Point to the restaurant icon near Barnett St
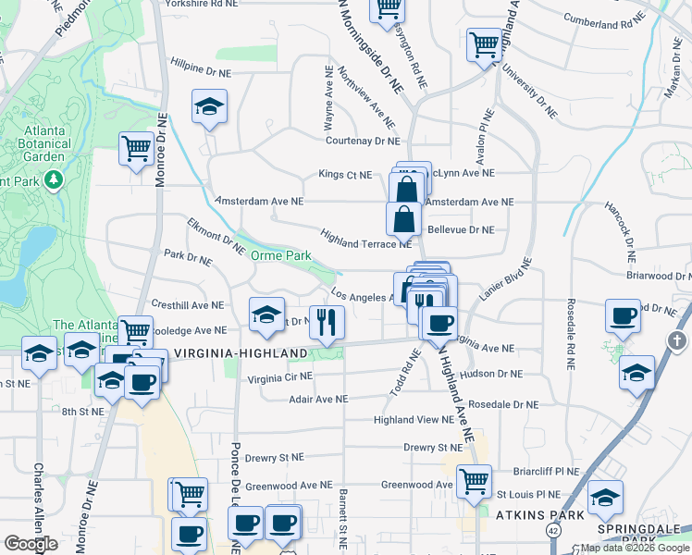point(326,322)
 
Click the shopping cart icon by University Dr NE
point(485,43)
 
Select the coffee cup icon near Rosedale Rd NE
point(623,315)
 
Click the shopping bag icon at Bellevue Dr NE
point(403,220)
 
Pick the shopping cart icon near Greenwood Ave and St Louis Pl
point(474,480)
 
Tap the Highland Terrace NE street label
point(365,239)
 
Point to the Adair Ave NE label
point(317,399)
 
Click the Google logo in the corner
point(31,544)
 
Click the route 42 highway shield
point(553,530)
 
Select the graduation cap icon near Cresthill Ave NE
point(266,314)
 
